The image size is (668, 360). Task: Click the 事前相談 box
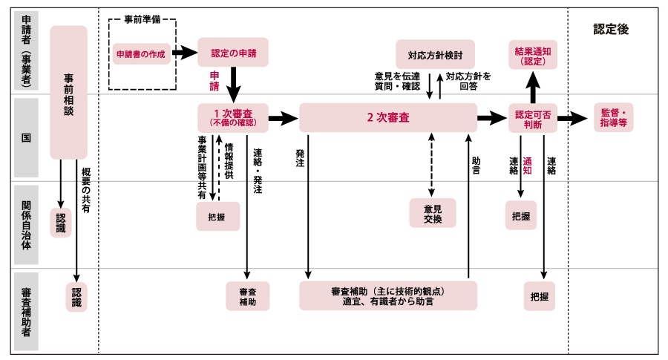tap(68, 92)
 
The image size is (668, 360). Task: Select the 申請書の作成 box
tap(141, 53)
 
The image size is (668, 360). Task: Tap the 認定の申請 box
tap(232, 53)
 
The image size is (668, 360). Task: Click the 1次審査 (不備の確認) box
tap(232, 117)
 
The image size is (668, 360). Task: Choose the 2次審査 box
tap(388, 117)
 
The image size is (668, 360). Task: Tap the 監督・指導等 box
tap(613, 118)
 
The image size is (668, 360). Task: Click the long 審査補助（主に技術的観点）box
tap(388, 295)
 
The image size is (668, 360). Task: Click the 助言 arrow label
tap(476, 165)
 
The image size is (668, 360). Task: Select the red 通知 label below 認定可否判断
tap(528, 165)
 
